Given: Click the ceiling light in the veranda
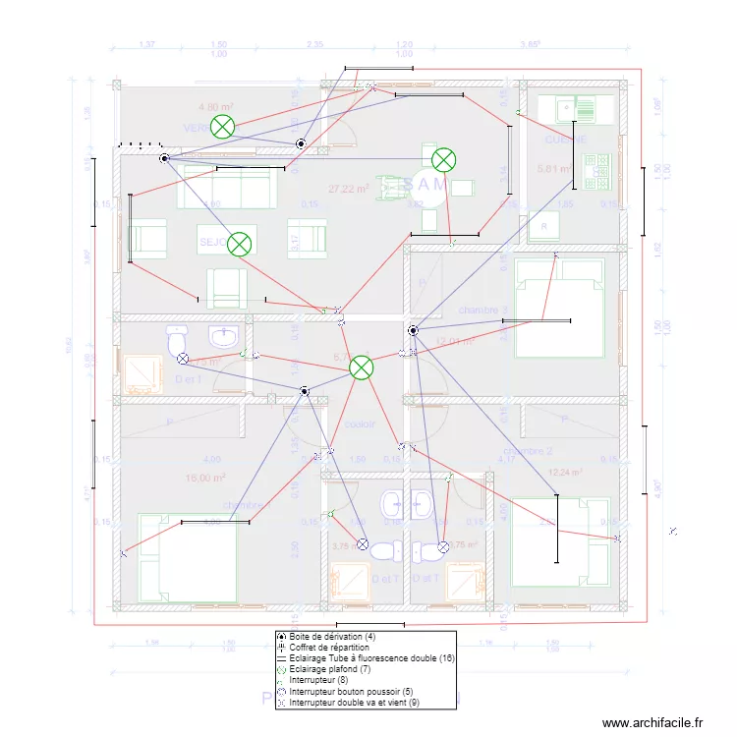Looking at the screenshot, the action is pyautogui.click(x=224, y=126).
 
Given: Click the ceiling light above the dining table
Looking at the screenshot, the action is pyautogui.click(x=444, y=159).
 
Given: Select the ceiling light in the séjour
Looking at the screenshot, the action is pyautogui.click(x=239, y=244).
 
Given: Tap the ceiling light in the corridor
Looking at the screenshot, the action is pyautogui.click(x=362, y=368).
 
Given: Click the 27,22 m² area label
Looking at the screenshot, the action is pyautogui.click(x=349, y=189).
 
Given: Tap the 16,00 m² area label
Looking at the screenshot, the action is pyautogui.click(x=205, y=479).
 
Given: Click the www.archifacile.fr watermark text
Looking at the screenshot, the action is pyautogui.click(x=652, y=723).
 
